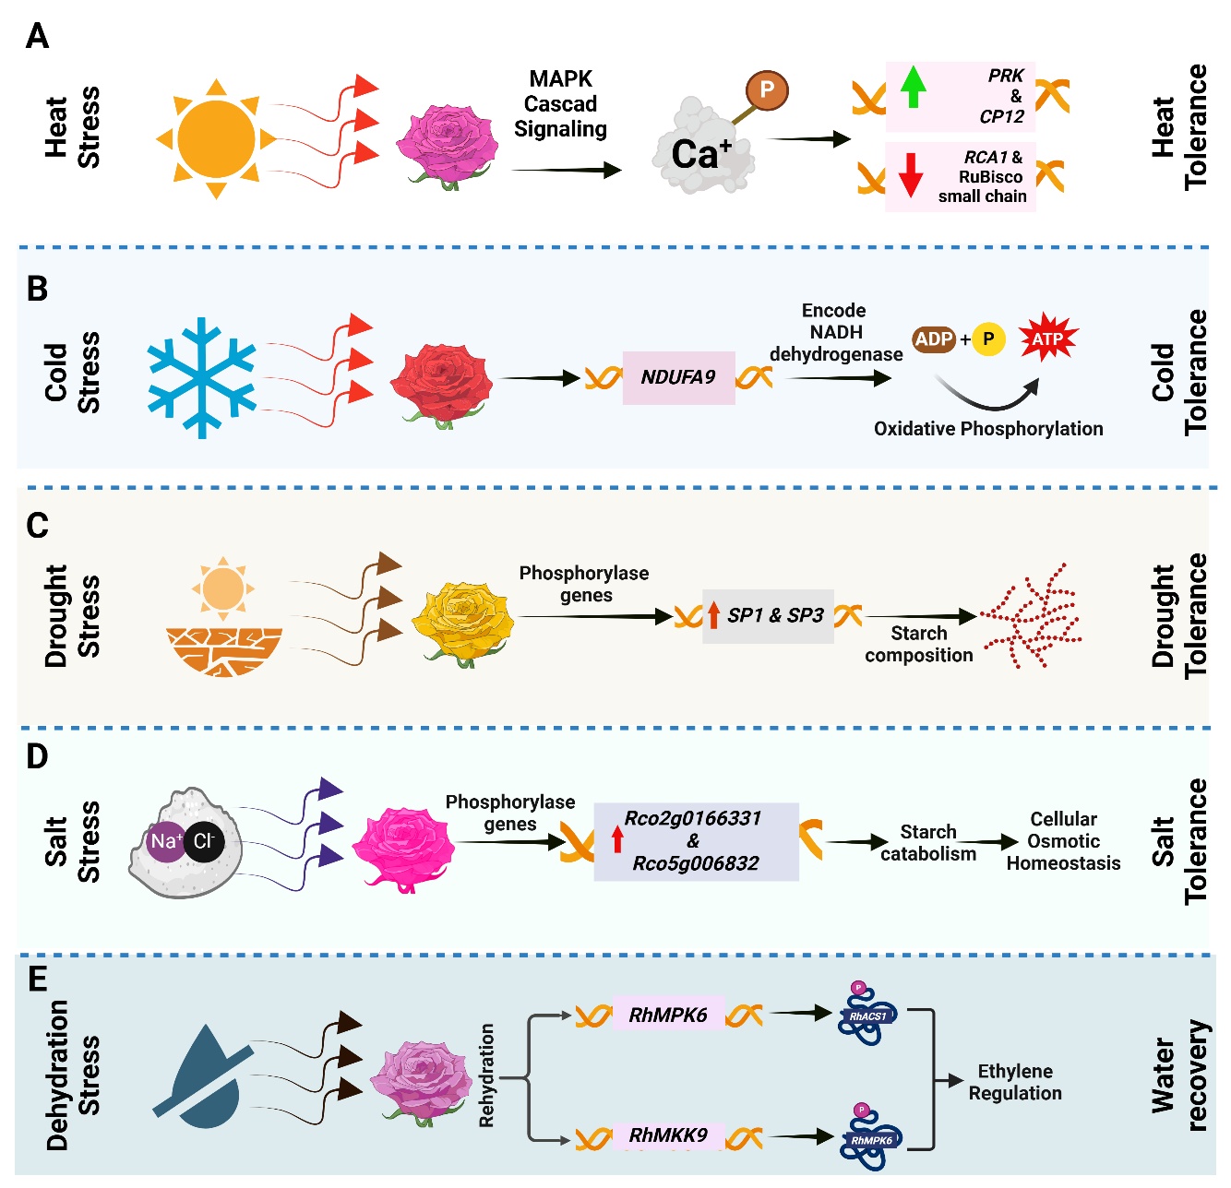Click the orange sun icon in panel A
216,139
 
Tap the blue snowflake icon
202,377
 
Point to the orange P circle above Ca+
766,90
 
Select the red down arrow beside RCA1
911,174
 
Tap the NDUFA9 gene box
678,377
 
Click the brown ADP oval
934,339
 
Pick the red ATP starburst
1047,339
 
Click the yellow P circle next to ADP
988,339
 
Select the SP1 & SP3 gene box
768,615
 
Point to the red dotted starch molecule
1032,616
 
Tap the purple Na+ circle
166,842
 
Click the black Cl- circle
204,842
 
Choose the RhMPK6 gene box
668,1016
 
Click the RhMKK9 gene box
668,1135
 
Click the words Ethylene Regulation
1015,1082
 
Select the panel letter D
37,757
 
